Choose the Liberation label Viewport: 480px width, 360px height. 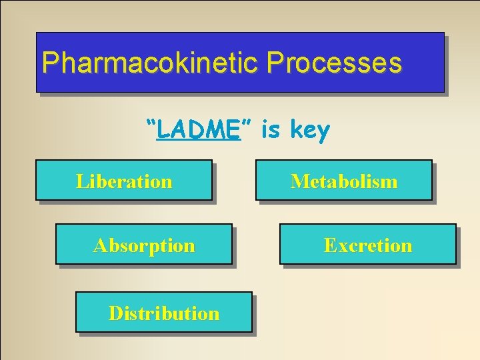[124, 181]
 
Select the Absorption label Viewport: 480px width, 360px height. [144, 245]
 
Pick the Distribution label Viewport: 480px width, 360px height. [164, 313]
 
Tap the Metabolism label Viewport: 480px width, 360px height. [344, 181]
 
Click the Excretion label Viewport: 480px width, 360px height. [368, 245]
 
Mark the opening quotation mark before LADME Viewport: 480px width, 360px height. [151, 123]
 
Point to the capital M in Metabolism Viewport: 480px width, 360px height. [298, 181]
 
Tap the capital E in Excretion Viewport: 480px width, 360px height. [329, 245]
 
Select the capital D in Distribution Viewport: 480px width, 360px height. [115, 313]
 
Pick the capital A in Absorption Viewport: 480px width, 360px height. [101, 245]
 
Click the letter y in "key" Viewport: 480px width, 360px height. [323, 133]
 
